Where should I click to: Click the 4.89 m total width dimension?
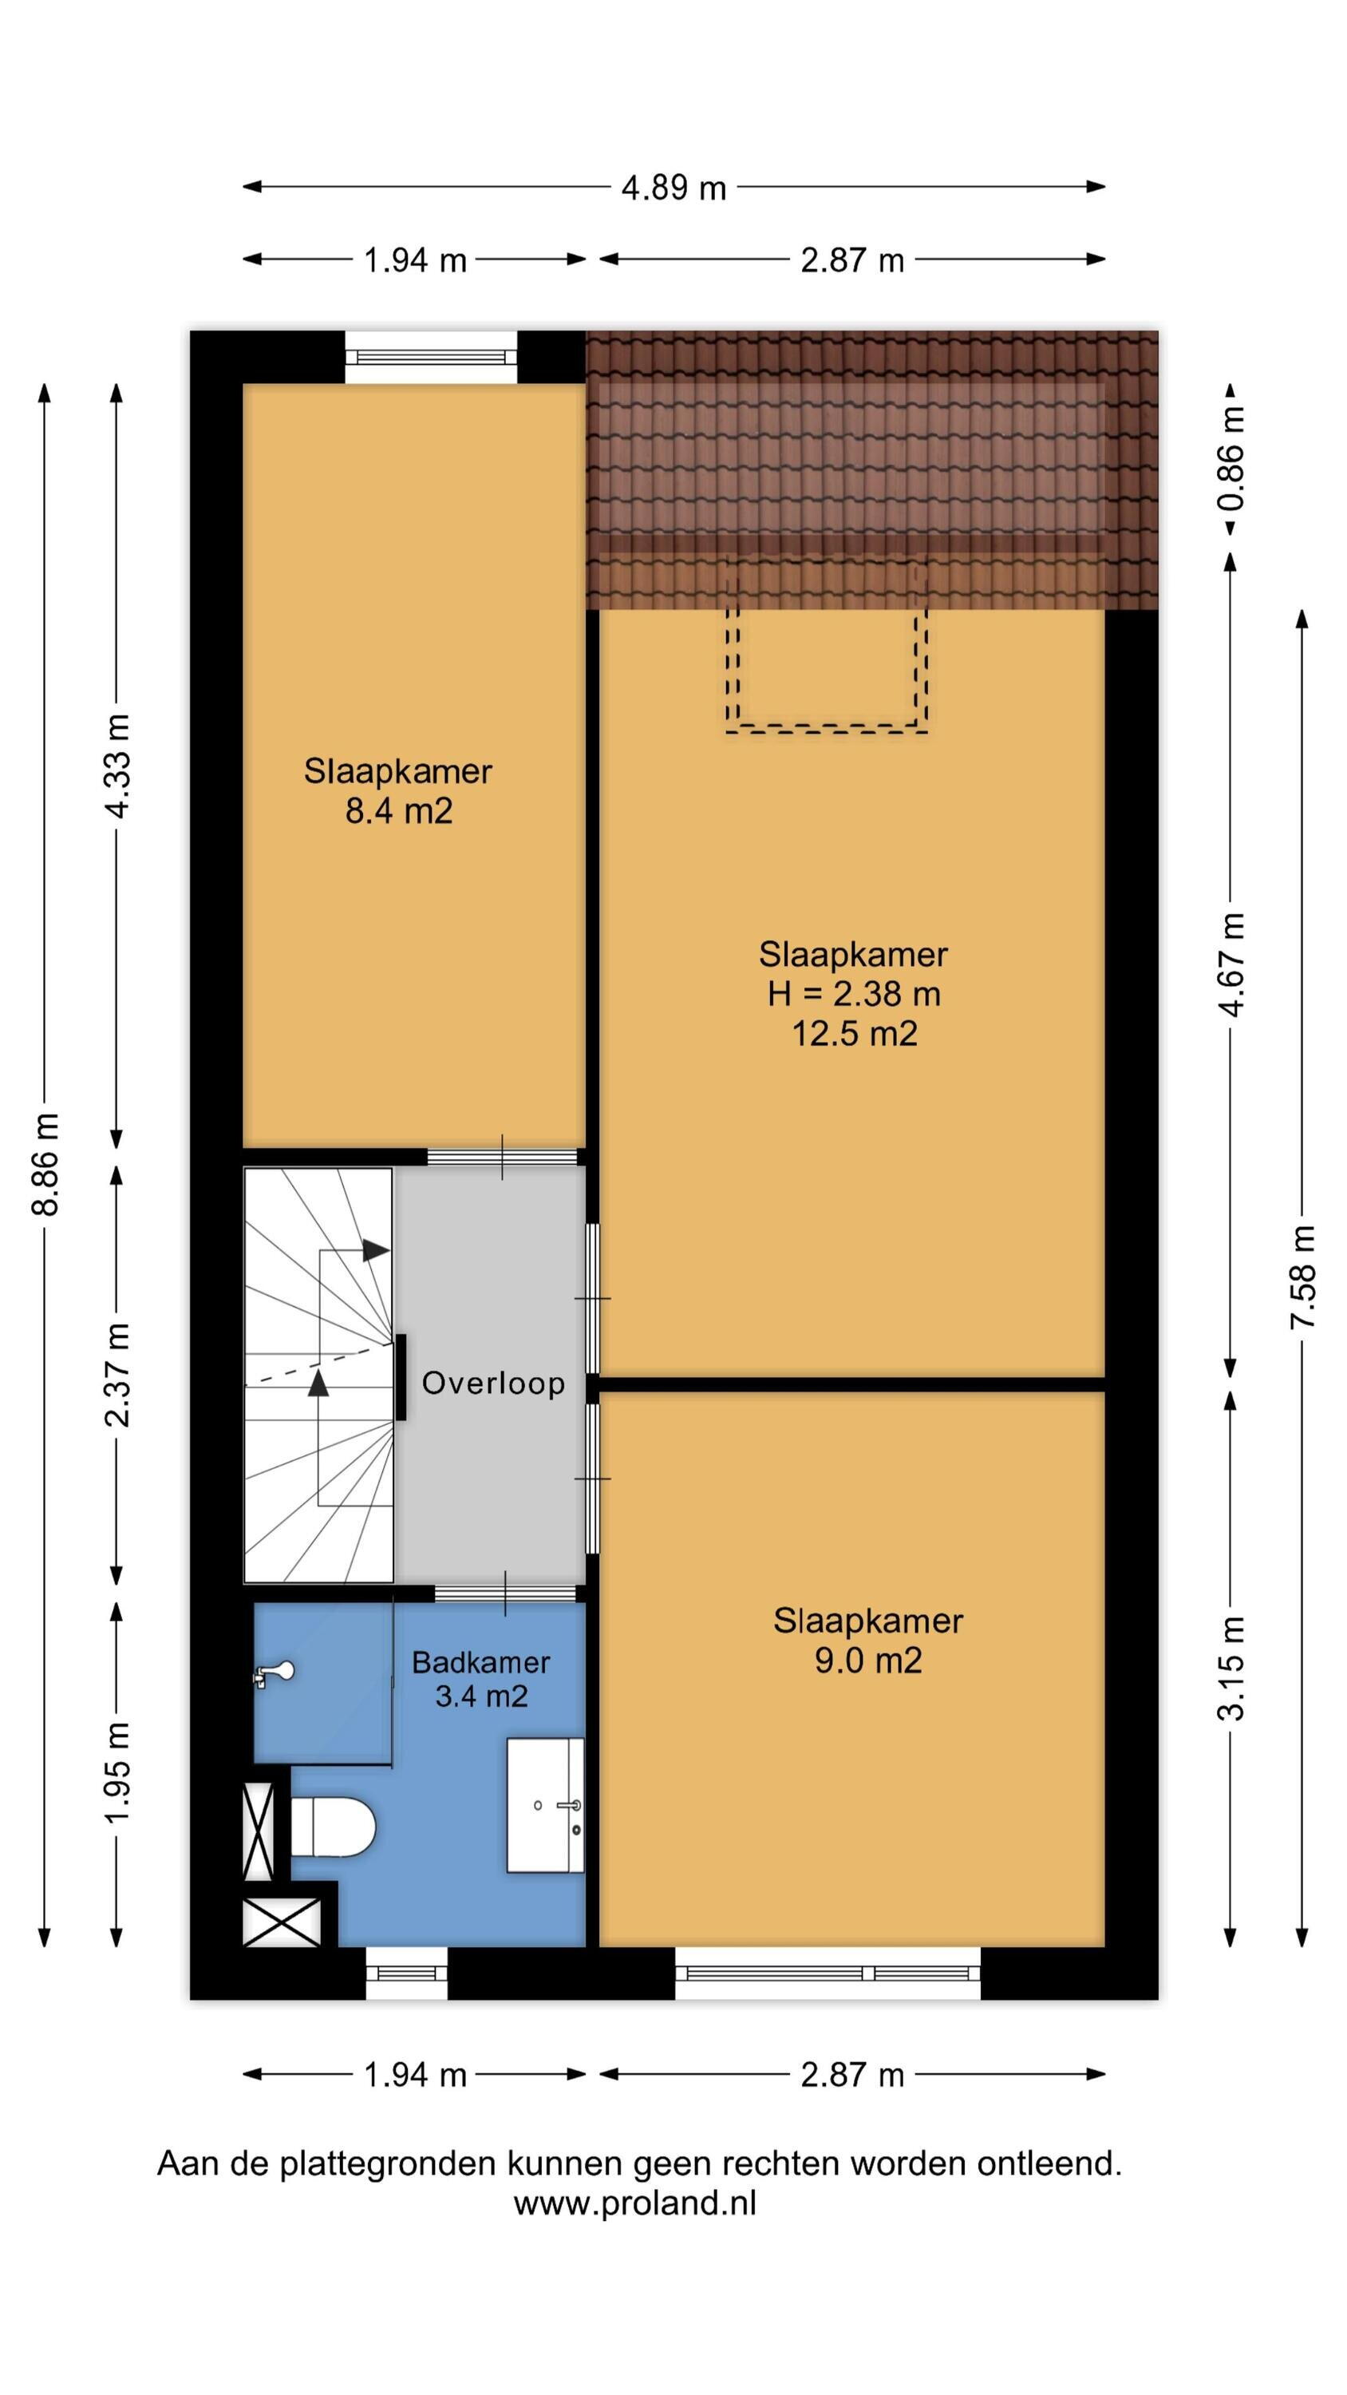(673, 188)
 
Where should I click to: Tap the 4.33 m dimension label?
(117, 766)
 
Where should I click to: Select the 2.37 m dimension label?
(117, 1374)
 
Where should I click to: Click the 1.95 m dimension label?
(117, 1772)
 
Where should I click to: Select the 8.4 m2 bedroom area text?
(399, 811)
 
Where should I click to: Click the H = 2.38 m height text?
(853, 994)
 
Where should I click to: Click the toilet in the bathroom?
(332, 1826)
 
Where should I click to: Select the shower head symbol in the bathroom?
(275, 1673)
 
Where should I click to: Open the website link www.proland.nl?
(635, 2203)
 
